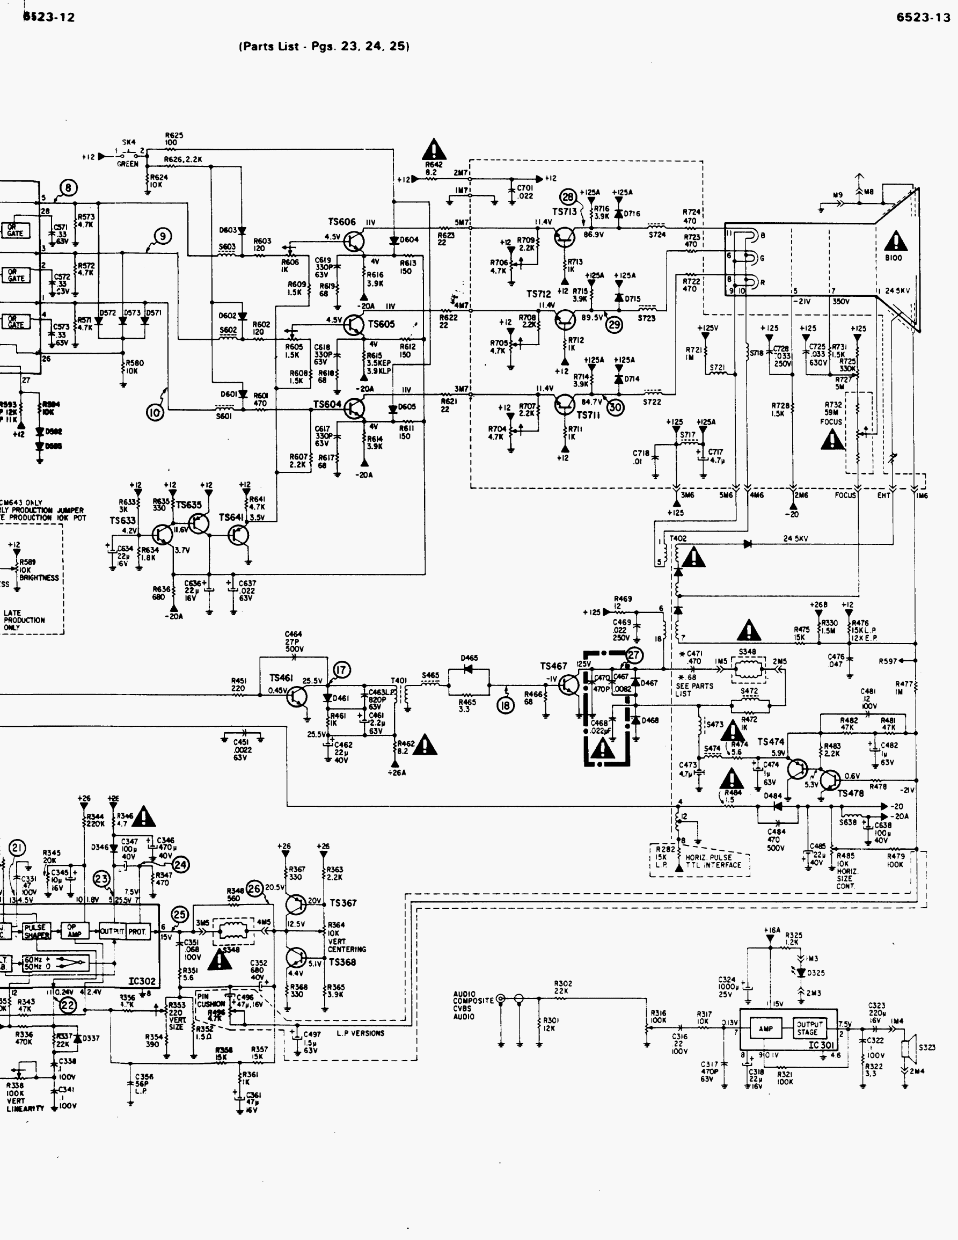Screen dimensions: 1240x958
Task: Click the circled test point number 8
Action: (69, 188)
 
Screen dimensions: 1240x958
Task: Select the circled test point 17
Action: (342, 670)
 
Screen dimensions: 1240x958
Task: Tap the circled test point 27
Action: (633, 655)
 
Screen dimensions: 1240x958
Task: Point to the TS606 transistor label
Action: (342, 222)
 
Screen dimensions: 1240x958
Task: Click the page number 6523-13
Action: (923, 18)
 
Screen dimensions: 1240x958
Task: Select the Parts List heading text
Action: (324, 47)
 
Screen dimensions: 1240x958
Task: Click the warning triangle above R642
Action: (434, 150)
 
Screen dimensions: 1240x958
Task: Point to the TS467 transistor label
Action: (553, 666)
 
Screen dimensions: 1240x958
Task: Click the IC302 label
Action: (142, 981)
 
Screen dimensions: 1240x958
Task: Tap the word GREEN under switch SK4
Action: (128, 164)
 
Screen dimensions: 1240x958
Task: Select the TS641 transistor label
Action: (231, 518)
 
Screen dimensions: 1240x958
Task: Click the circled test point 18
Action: (505, 705)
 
